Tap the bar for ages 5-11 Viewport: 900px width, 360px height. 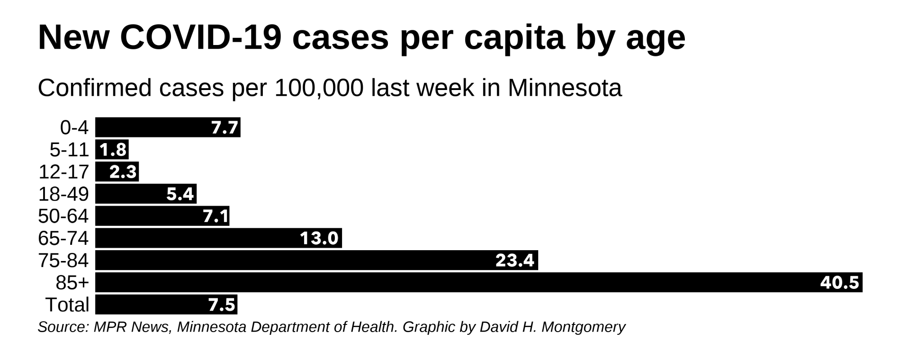pos(112,149)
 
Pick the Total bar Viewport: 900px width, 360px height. pos(166,305)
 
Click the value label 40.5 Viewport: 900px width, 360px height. pos(840,283)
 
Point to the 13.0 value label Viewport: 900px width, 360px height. pos(319,238)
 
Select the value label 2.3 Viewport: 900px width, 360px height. pos(123,172)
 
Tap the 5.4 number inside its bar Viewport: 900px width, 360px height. pos(180,194)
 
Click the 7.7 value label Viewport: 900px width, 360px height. pos(225,128)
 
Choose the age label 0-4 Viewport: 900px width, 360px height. pos(74,128)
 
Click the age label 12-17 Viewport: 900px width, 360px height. pos(63,172)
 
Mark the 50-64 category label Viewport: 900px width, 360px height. pos(63,216)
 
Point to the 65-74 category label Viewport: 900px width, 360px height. pos(63,238)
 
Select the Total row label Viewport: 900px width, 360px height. pos(67,305)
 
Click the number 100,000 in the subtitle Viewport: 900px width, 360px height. pos(319,88)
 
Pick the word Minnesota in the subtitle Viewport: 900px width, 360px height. pos(564,88)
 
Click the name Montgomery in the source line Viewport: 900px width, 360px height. pos(583,327)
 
